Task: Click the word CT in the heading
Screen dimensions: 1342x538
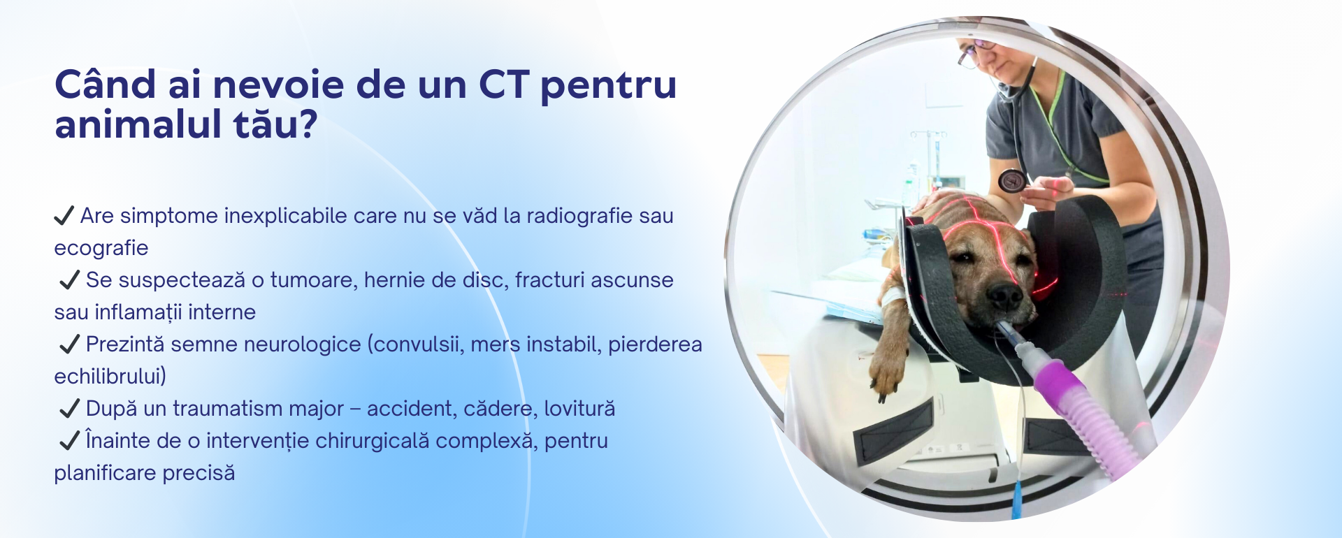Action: (504, 85)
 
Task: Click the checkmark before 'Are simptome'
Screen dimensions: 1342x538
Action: (64, 215)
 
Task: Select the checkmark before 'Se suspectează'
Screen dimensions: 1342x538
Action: (70, 279)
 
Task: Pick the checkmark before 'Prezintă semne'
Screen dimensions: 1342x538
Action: (70, 344)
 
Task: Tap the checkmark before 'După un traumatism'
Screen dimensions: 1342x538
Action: (70, 408)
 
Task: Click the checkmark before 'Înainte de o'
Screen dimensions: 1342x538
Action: (70, 440)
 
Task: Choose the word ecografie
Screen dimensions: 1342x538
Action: (101, 249)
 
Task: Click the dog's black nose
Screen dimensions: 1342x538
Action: (1004, 296)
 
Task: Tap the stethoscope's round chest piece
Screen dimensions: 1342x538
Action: (1012, 180)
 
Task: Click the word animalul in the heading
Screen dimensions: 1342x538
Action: (137, 124)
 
